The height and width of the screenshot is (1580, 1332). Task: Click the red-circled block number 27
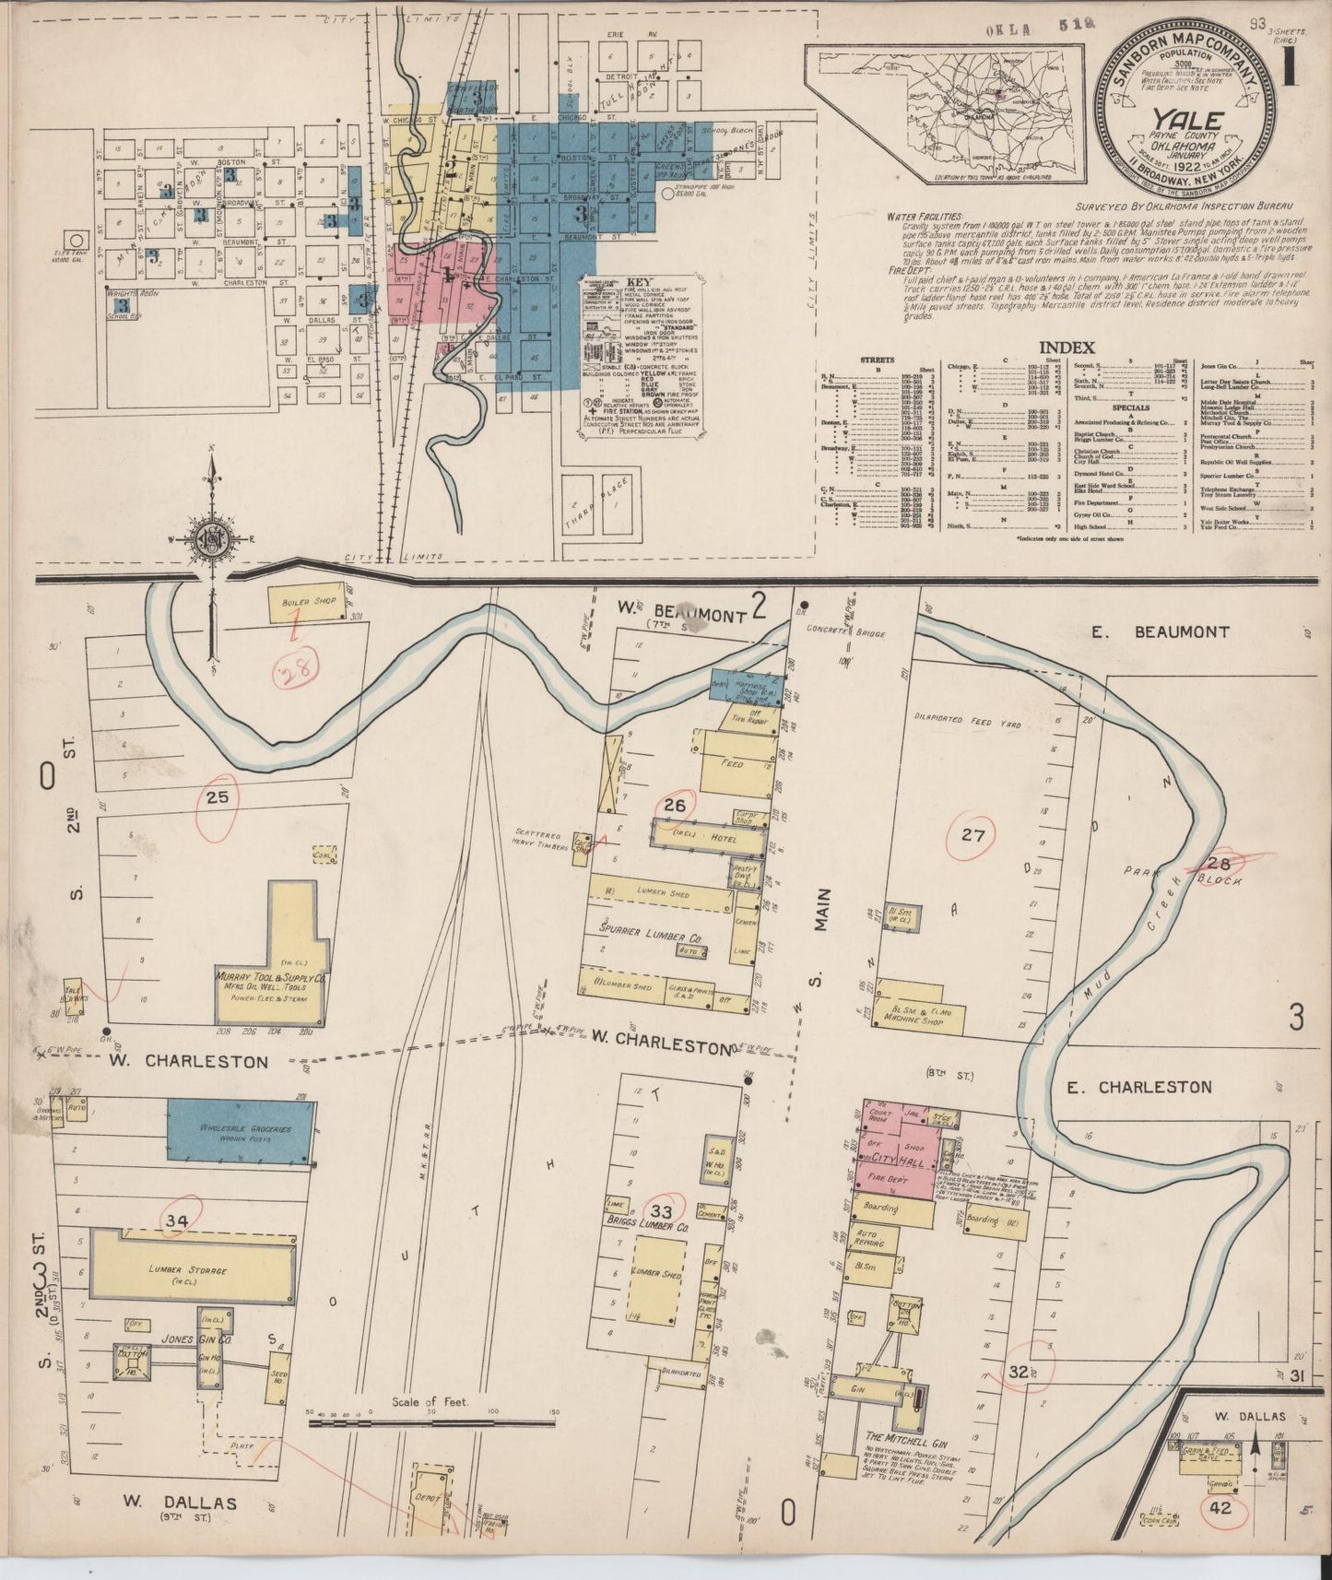coord(973,836)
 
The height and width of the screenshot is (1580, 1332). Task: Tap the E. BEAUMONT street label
coord(1161,631)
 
